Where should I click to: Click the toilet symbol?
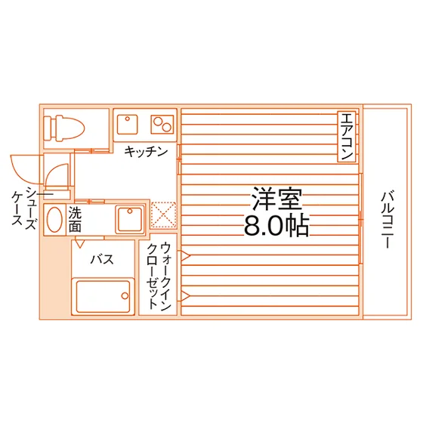pos(64,128)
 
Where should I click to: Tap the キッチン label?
pos(146,152)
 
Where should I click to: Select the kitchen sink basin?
pos(128,125)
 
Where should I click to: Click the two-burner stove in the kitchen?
pos(162,125)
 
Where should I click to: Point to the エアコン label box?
pos(347,137)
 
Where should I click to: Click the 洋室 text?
pos(276,199)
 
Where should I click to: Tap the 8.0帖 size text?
pos(276,225)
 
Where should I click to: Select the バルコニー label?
pos(387,219)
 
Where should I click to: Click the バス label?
pos(102,260)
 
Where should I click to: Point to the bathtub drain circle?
pos(125,295)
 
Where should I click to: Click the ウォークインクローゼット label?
pos(159,276)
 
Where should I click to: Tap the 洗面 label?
pos(75,219)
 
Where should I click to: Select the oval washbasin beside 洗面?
pos(54,220)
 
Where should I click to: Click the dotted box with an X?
pos(163,215)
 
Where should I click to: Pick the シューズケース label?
pos(24,208)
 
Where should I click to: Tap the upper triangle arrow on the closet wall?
pos(185,256)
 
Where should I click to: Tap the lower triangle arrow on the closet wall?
pos(185,296)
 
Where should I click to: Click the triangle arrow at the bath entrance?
pos(80,244)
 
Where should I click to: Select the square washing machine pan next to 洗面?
pos(130,219)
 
